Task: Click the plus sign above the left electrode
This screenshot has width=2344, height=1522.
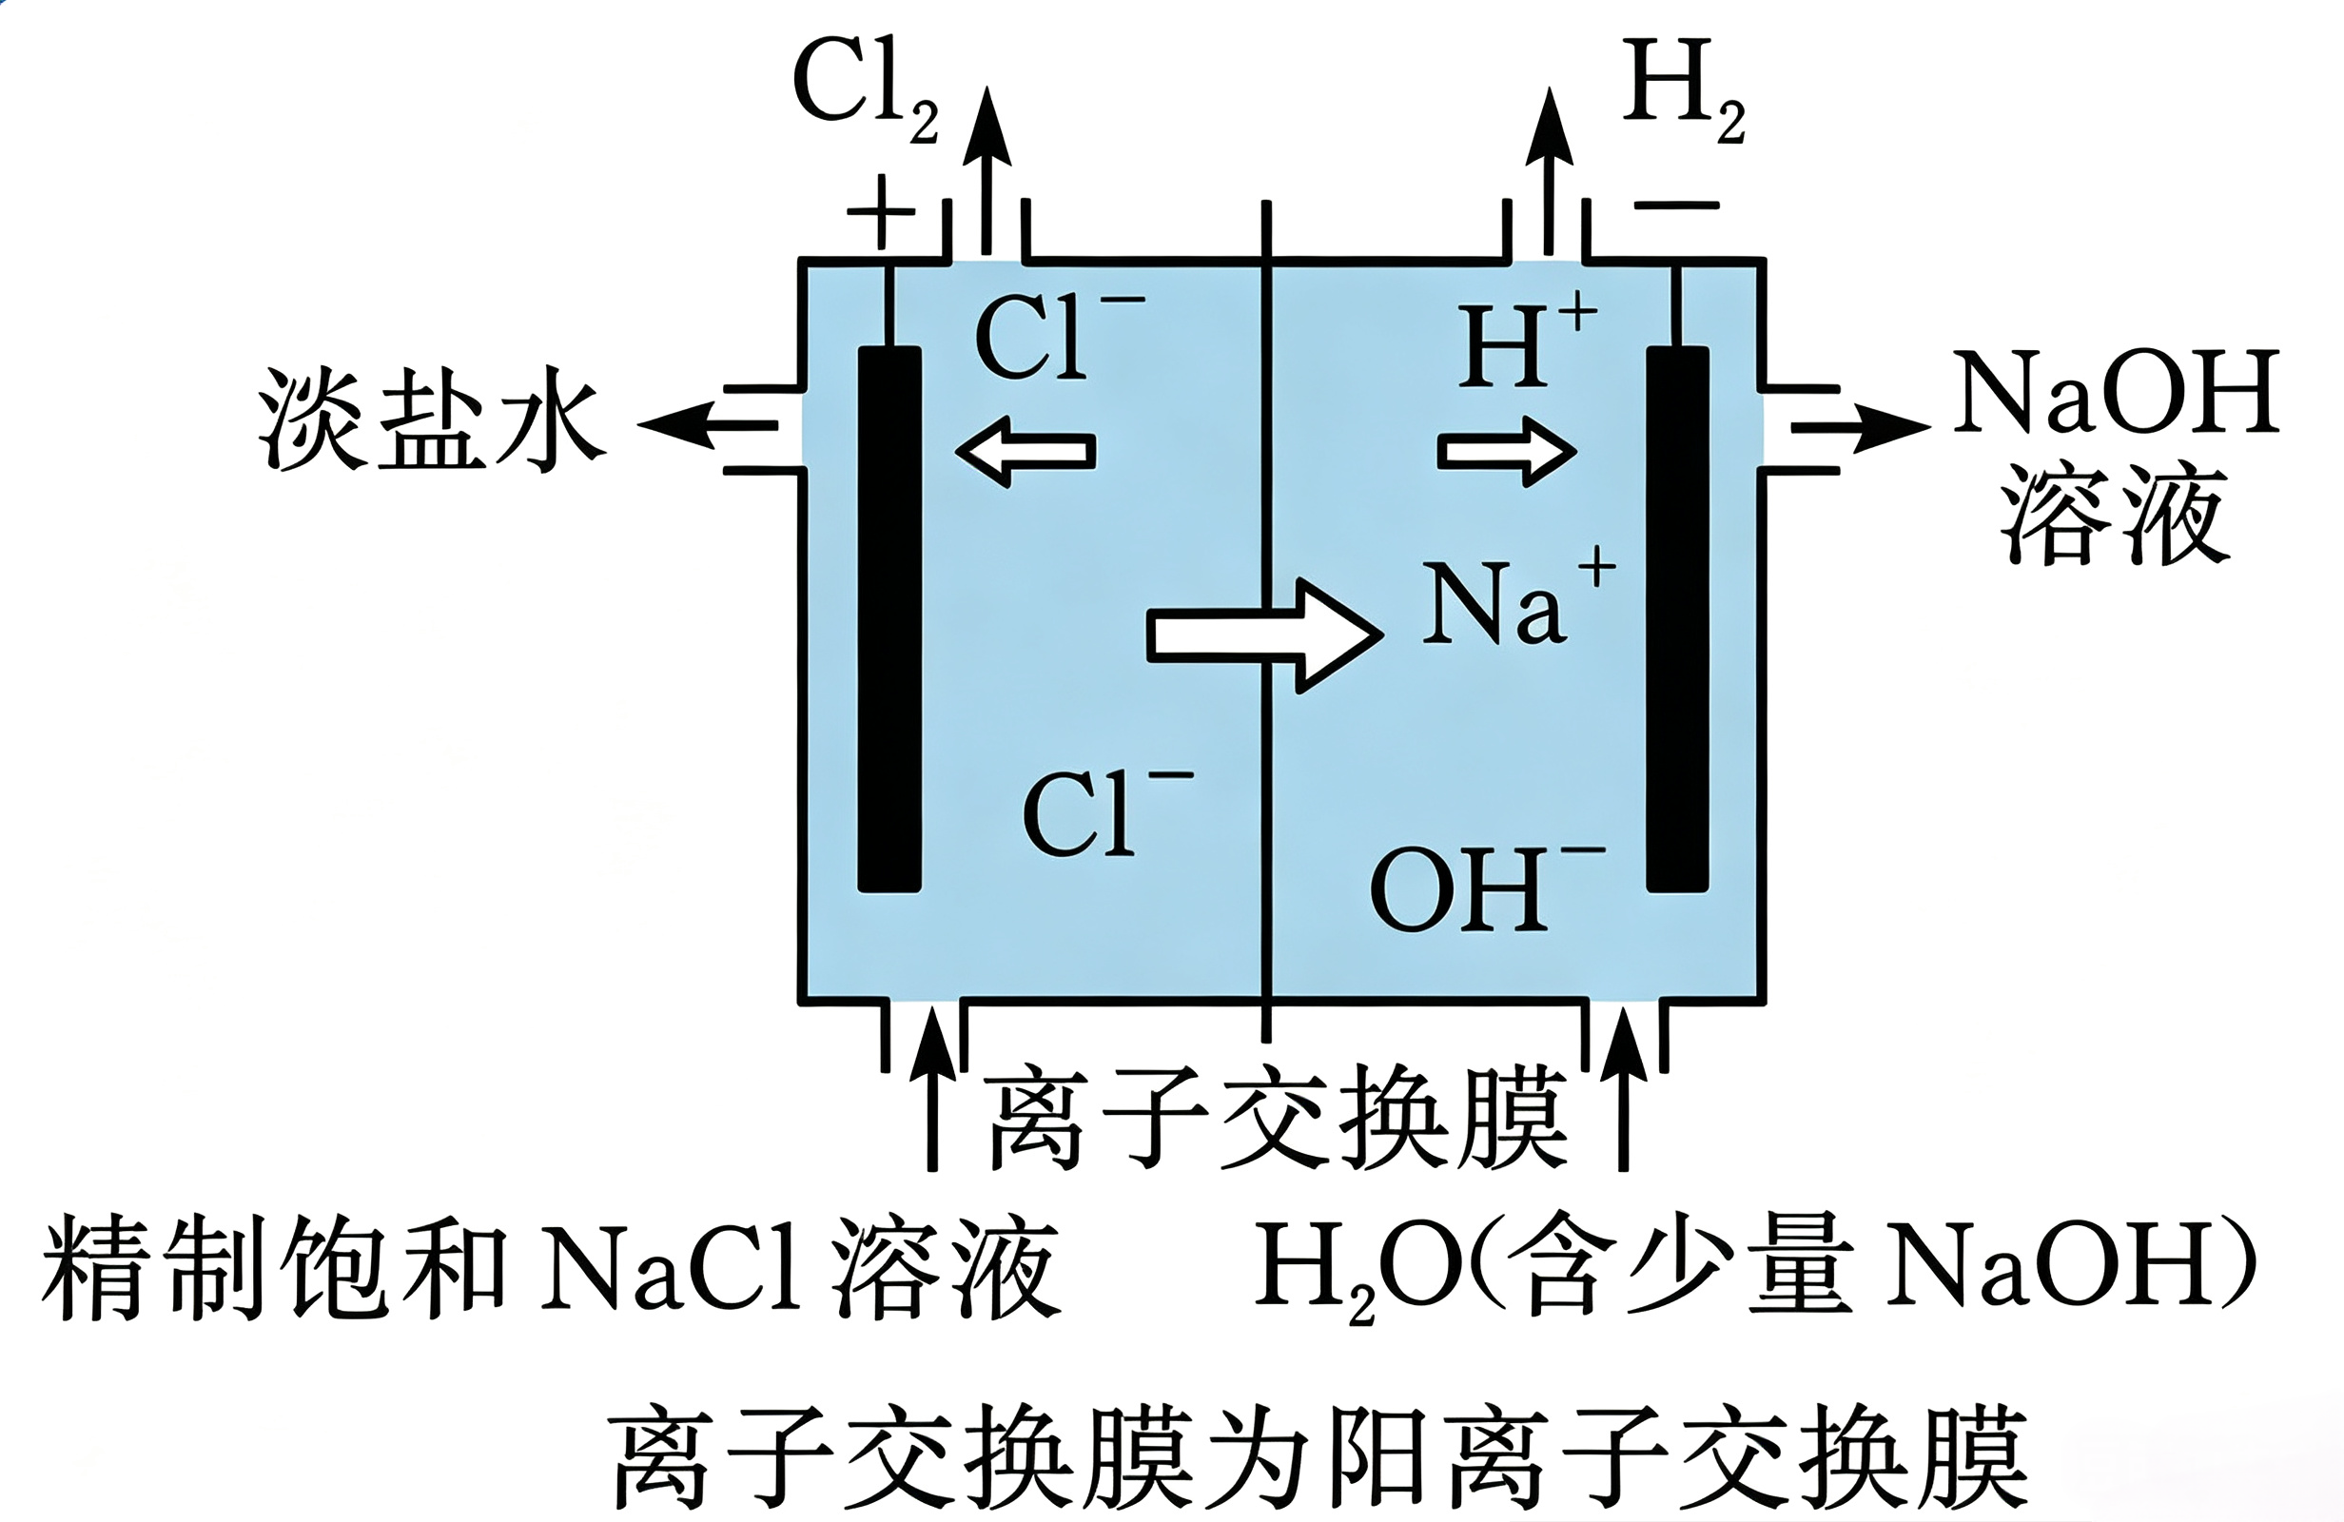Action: (x=882, y=212)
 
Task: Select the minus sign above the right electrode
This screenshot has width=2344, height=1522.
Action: (x=1676, y=205)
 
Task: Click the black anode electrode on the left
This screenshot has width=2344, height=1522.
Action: (x=889, y=618)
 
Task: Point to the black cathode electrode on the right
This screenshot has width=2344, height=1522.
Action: (x=1677, y=618)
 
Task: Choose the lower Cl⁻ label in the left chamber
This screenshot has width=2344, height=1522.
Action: (x=1107, y=811)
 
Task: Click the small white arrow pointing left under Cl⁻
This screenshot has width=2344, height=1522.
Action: (x=1025, y=451)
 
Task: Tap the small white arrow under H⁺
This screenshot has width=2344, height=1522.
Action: (x=1507, y=451)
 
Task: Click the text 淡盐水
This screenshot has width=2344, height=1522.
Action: (x=430, y=419)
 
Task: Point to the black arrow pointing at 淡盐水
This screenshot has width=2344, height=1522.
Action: (x=707, y=425)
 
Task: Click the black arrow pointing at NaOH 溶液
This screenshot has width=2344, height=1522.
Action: (x=1862, y=426)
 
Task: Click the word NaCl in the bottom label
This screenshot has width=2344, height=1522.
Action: (x=670, y=1266)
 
